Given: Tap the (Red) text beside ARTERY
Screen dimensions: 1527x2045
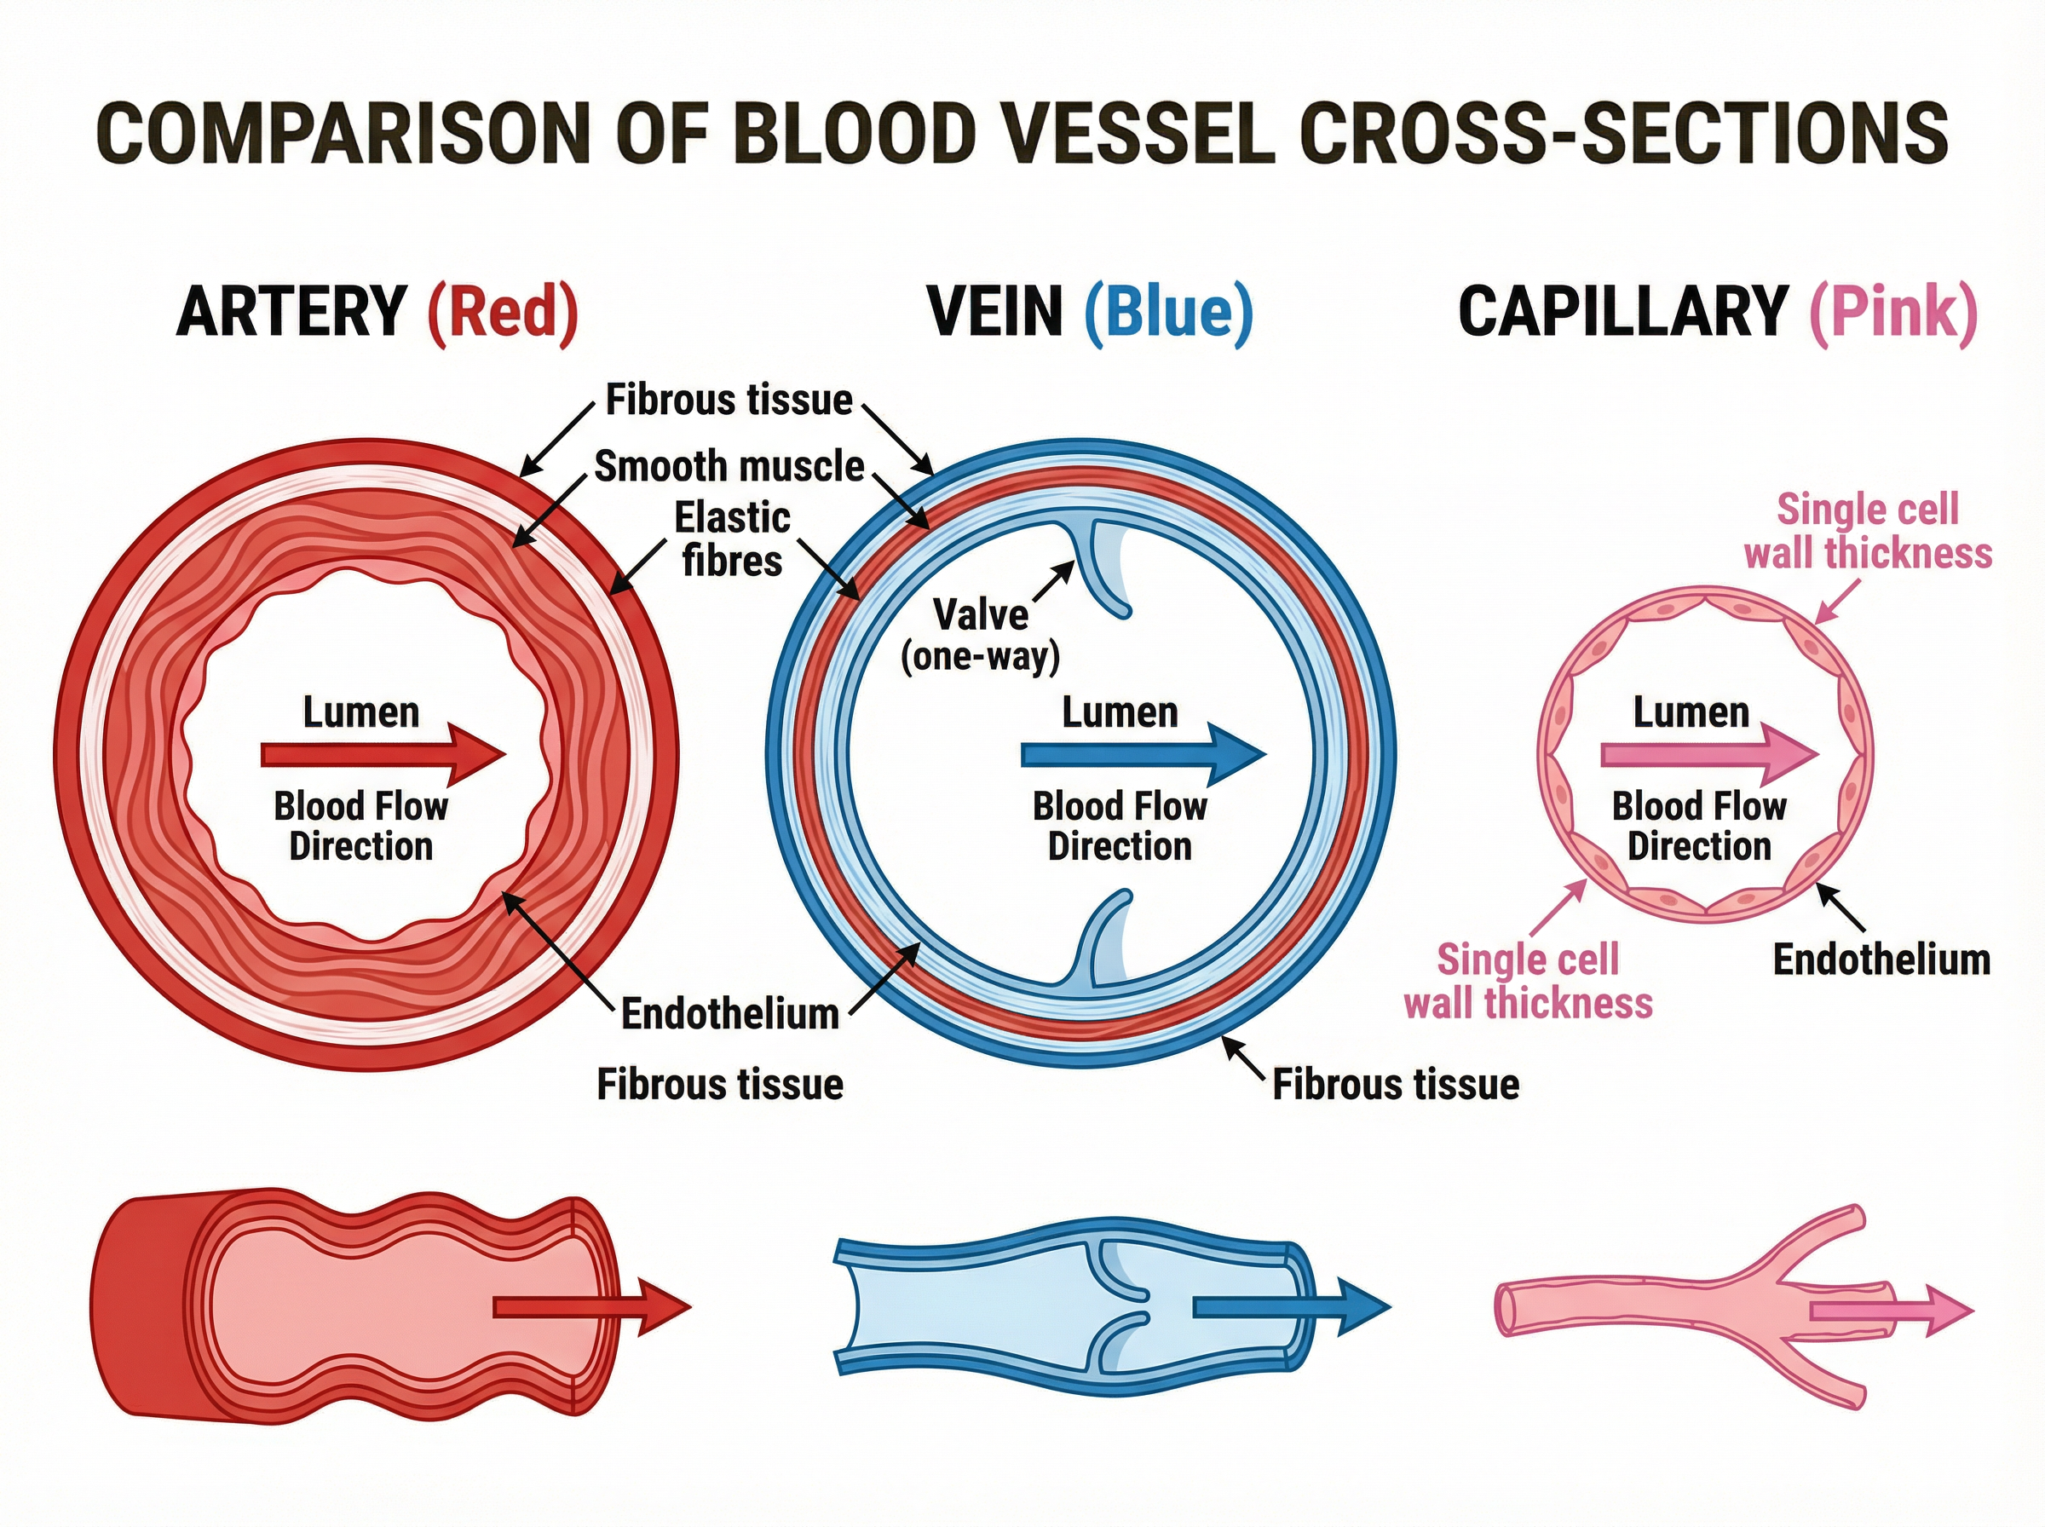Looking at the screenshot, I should [503, 313].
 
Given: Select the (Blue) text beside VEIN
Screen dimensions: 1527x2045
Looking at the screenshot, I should [1168, 313].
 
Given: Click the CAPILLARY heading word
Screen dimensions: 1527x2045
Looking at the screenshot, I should [1622, 313].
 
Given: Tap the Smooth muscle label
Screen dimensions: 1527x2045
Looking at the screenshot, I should [729, 466].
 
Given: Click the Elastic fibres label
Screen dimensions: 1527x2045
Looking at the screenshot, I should [732, 538].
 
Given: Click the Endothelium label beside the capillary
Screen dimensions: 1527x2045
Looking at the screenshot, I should [1881, 959].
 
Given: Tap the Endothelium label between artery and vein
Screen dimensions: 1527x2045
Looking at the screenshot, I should [729, 1014].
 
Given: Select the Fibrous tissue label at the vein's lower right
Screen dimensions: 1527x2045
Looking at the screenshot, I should [1396, 1084].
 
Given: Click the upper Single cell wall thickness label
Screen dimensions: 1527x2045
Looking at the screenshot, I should [1867, 532].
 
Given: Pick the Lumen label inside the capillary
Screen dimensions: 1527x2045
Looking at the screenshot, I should [1691, 712].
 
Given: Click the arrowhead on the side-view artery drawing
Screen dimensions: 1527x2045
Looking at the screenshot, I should [665, 1306].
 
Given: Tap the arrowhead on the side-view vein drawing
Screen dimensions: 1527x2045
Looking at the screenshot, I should [1366, 1306].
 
